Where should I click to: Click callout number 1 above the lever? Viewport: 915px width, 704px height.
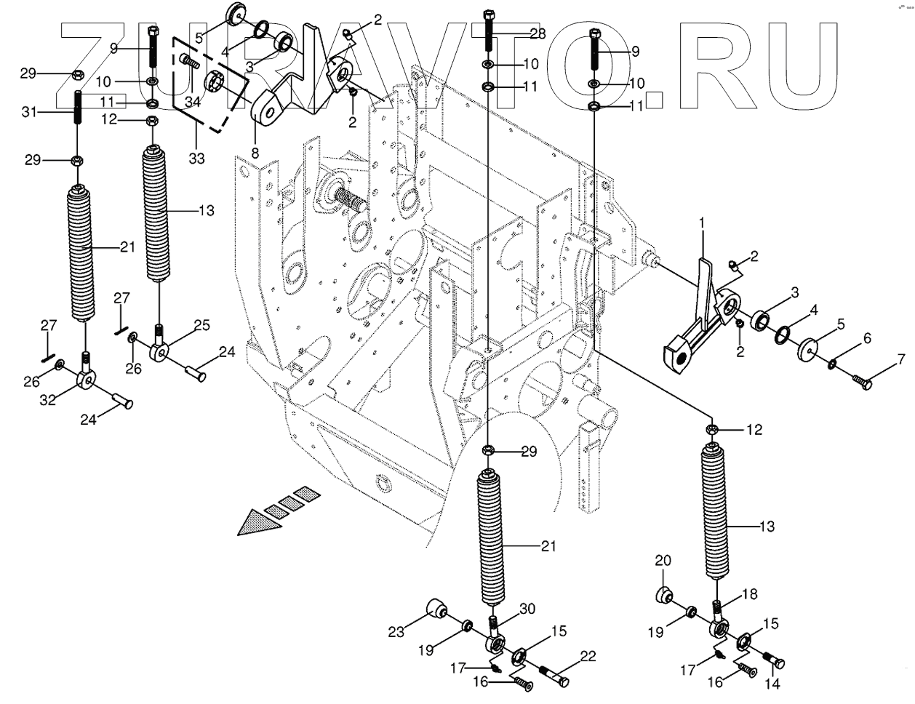tap(703, 221)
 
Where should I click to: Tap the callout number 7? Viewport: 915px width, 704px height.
tap(900, 359)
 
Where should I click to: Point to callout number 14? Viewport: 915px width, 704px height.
tap(771, 684)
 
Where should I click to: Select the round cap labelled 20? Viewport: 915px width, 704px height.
tap(663, 595)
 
